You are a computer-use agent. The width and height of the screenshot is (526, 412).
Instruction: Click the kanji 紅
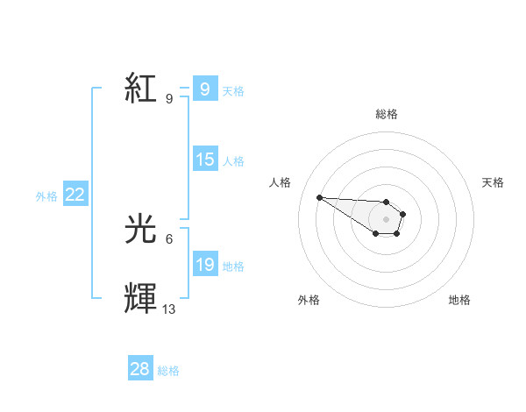click(142, 89)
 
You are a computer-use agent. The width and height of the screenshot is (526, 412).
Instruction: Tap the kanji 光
click(142, 230)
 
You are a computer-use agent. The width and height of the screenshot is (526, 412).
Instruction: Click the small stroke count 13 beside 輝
click(169, 309)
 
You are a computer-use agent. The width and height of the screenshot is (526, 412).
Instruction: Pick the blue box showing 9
click(204, 89)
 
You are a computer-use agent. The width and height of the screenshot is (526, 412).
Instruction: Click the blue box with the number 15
click(204, 160)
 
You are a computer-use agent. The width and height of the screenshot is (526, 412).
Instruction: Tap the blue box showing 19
click(204, 265)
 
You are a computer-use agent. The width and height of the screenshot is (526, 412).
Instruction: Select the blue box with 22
click(75, 195)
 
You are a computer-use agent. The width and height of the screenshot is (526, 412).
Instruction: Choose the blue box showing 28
click(139, 369)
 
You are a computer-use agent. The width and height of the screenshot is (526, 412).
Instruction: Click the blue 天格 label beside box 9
click(233, 91)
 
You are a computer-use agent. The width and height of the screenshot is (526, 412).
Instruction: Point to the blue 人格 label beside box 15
click(233, 161)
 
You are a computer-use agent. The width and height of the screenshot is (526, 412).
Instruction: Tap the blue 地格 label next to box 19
click(233, 266)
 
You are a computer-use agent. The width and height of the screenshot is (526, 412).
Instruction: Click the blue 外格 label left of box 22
click(46, 197)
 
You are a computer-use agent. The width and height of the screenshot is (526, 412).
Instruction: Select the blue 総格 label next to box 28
click(168, 371)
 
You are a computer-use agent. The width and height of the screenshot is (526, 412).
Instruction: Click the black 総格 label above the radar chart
click(387, 114)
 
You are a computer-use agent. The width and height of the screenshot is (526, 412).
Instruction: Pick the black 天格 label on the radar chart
click(493, 182)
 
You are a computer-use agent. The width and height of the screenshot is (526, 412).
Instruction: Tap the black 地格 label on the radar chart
click(459, 300)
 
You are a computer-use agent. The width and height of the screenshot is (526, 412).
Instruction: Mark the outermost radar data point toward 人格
click(319, 197)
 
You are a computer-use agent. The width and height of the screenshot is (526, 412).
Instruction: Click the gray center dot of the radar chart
click(387, 219)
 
